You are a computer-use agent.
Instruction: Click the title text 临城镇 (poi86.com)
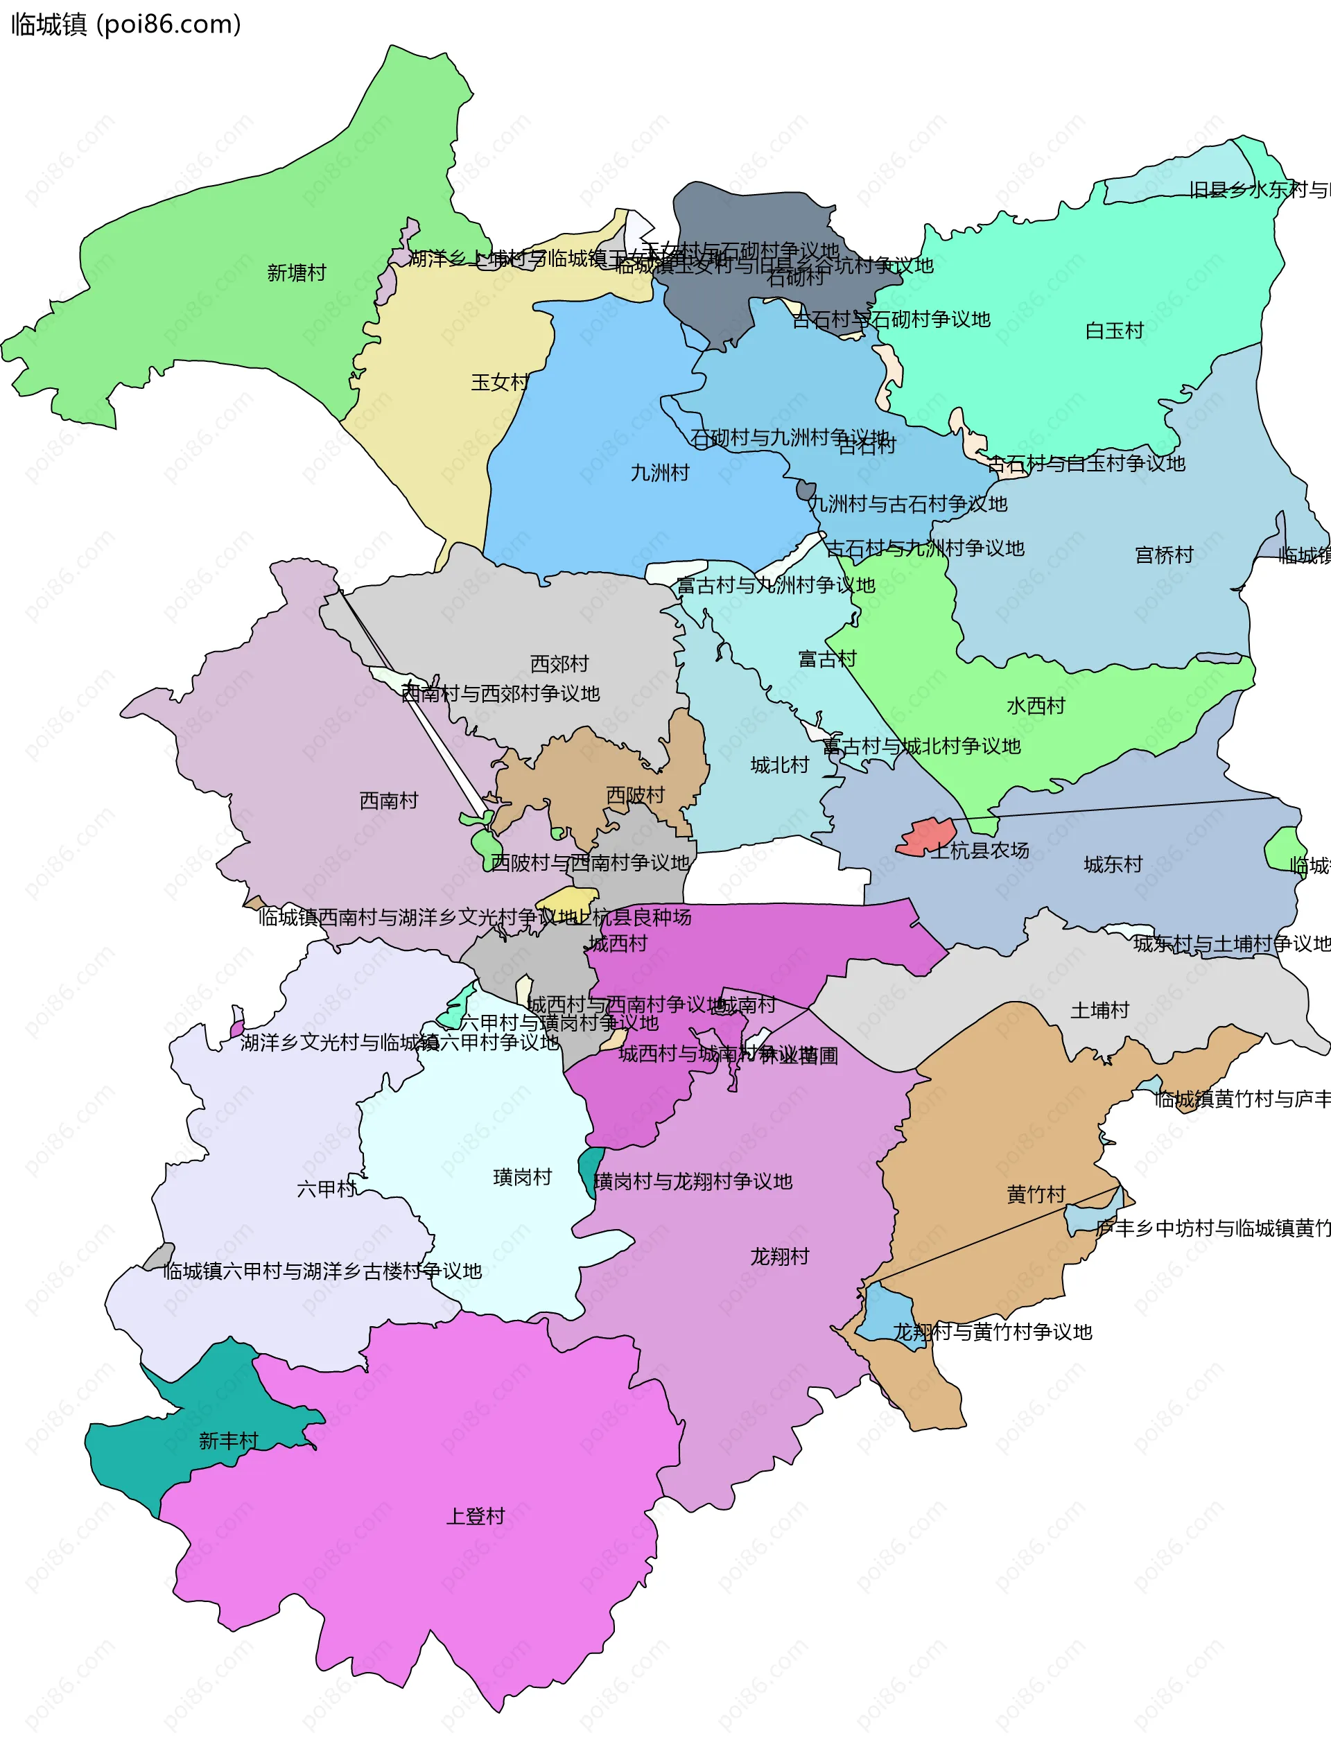125,25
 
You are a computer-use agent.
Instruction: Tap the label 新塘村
297,273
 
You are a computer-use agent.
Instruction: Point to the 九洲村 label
659,473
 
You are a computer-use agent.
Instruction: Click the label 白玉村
1114,331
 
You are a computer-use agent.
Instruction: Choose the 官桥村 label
1163,555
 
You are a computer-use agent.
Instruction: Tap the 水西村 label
1036,706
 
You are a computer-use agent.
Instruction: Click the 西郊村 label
559,663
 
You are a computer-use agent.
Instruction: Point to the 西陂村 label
635,796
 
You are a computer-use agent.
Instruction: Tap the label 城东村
1113,864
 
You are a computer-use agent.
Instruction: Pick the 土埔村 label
1099,1011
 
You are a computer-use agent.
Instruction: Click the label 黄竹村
1036,1195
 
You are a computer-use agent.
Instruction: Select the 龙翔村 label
779,1257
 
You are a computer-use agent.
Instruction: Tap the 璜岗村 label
522,1178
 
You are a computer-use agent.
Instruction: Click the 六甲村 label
327,1190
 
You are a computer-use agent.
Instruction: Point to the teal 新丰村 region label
228,1441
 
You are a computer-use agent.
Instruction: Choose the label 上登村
475,1516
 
